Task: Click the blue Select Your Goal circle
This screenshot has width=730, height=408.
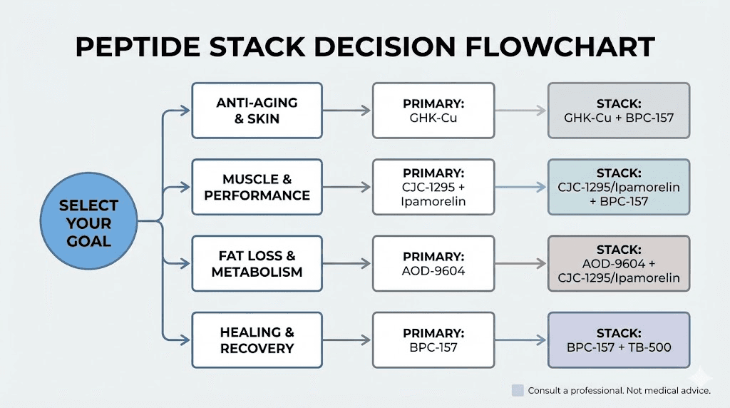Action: tap(89, 223)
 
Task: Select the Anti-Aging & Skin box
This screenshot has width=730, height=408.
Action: tap(257, 111)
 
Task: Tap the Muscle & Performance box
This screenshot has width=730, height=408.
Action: tap(257, 187)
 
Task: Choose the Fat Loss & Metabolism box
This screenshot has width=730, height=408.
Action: tap(257, 263)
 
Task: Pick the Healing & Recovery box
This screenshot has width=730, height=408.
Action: tap(257, 340)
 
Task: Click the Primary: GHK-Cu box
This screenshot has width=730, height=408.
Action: tap(433, 111)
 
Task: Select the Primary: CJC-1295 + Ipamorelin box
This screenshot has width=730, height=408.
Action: tap(433, 187)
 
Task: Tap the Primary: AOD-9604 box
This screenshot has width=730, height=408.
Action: tap(433, 263)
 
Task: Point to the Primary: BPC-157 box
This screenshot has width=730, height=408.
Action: tap(433, 340)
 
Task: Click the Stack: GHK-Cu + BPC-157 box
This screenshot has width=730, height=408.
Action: tap(618, 111)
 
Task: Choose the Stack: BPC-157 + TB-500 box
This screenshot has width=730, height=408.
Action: tap(618, 340)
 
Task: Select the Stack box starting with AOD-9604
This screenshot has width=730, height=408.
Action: tap(618, 263)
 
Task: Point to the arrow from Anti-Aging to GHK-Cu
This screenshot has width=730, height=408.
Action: tap(347, 111)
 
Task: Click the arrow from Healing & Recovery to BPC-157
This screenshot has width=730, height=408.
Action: tap(347, 340)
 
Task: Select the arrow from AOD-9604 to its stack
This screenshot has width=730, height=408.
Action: tap(520, 263)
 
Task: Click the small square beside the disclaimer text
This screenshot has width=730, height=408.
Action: tap(518, 390)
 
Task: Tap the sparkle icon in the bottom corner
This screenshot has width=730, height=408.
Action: tap(705, 377)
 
